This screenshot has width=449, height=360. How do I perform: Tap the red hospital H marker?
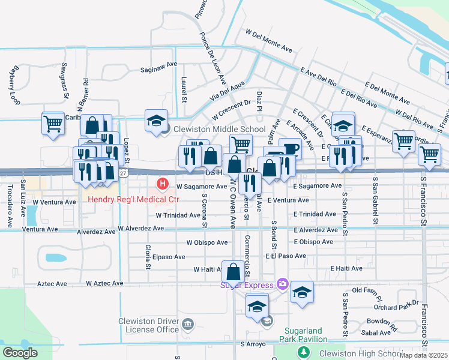(x=161, y=183)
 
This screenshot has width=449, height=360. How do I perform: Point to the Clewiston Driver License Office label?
(x=148, y=325)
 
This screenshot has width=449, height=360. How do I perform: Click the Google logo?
(x=20, y=353)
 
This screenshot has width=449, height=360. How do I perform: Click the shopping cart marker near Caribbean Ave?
(x=53, y=124)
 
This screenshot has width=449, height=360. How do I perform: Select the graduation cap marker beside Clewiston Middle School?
(x=156, y=119)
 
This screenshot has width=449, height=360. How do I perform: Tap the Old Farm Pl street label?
(x=366, y=291)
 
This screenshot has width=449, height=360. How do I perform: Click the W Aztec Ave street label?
(x=104, y=283)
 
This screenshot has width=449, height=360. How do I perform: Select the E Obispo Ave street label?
(x=313, y=242)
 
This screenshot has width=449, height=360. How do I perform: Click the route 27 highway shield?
(x=122, y=173)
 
